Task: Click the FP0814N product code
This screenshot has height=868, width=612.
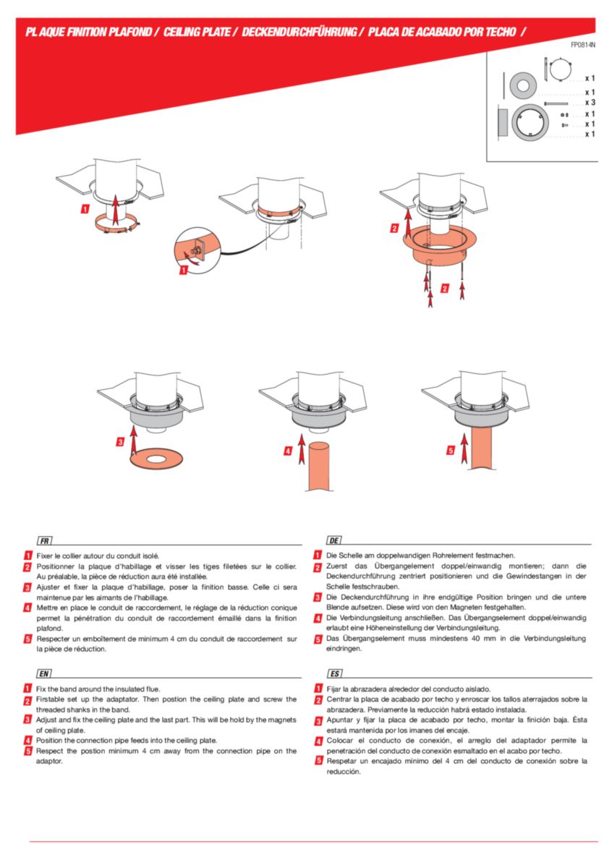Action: pyautogui.click(x=583, y=45)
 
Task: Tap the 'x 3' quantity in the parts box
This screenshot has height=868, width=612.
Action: pyautogui.click(x=590, y=102)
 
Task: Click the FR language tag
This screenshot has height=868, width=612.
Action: pyautogui.click(x=45, y=540)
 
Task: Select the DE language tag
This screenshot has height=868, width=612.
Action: pyautogui.click(x=333, y=540)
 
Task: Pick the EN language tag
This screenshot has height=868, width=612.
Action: pyautogui.click(x=44, y=673)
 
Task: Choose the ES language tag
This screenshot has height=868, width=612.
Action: pyautogui.click(x=334, y=673)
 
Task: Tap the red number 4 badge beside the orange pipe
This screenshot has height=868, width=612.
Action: pyautogui.click(x=288, y=451)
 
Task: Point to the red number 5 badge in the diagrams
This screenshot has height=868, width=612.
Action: pyautogui.click(x=451, y=451)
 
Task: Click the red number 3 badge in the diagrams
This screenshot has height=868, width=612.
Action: pyautogui.click(x=120, y=442)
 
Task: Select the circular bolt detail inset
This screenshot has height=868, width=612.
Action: pyautogui.click(x=197, y=250)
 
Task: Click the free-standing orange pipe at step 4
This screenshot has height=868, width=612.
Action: pyautogui.click(x=319, y=467)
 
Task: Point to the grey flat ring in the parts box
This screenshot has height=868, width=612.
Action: pyautogui.click(x=523, y=85)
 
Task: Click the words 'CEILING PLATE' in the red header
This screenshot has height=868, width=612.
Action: pyautogui.click(x=197, y=32)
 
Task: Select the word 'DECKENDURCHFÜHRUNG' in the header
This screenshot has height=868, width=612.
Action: pyautogui.click(x=299, y=32)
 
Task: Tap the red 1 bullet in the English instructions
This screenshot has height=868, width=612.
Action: pyautogui.click(x=27, y=689)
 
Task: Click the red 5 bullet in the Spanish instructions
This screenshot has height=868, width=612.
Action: pyautogui.click(x=318, y=761)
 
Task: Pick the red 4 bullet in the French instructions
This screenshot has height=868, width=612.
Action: pyautogui.click(x=27, y=608)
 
